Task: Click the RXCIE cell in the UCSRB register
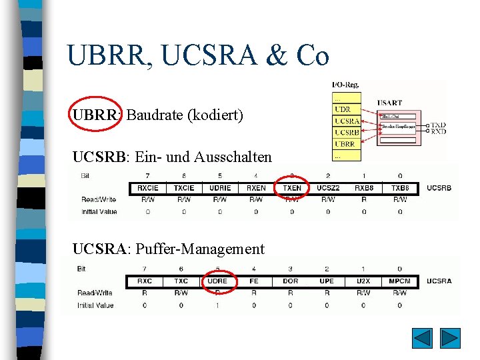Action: pos(148,188)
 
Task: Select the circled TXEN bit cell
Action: pos(292,188)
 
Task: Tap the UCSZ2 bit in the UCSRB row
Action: pos(328,188)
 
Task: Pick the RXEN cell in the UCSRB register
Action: pos(256,188)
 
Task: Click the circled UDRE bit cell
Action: pos(217,281)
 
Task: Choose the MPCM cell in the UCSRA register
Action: pos(400,281)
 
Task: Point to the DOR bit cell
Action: pos(291,281)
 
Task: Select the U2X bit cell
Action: pos(363,281)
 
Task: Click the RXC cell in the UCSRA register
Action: pos(145,281)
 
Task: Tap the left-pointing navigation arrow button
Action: pos(422,338)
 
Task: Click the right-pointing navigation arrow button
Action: pos(451,338)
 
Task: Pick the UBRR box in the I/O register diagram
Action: pos(346,143)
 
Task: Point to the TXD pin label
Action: pos(438,125)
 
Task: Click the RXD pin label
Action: pos(438,132)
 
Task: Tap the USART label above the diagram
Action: pos(390,103)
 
